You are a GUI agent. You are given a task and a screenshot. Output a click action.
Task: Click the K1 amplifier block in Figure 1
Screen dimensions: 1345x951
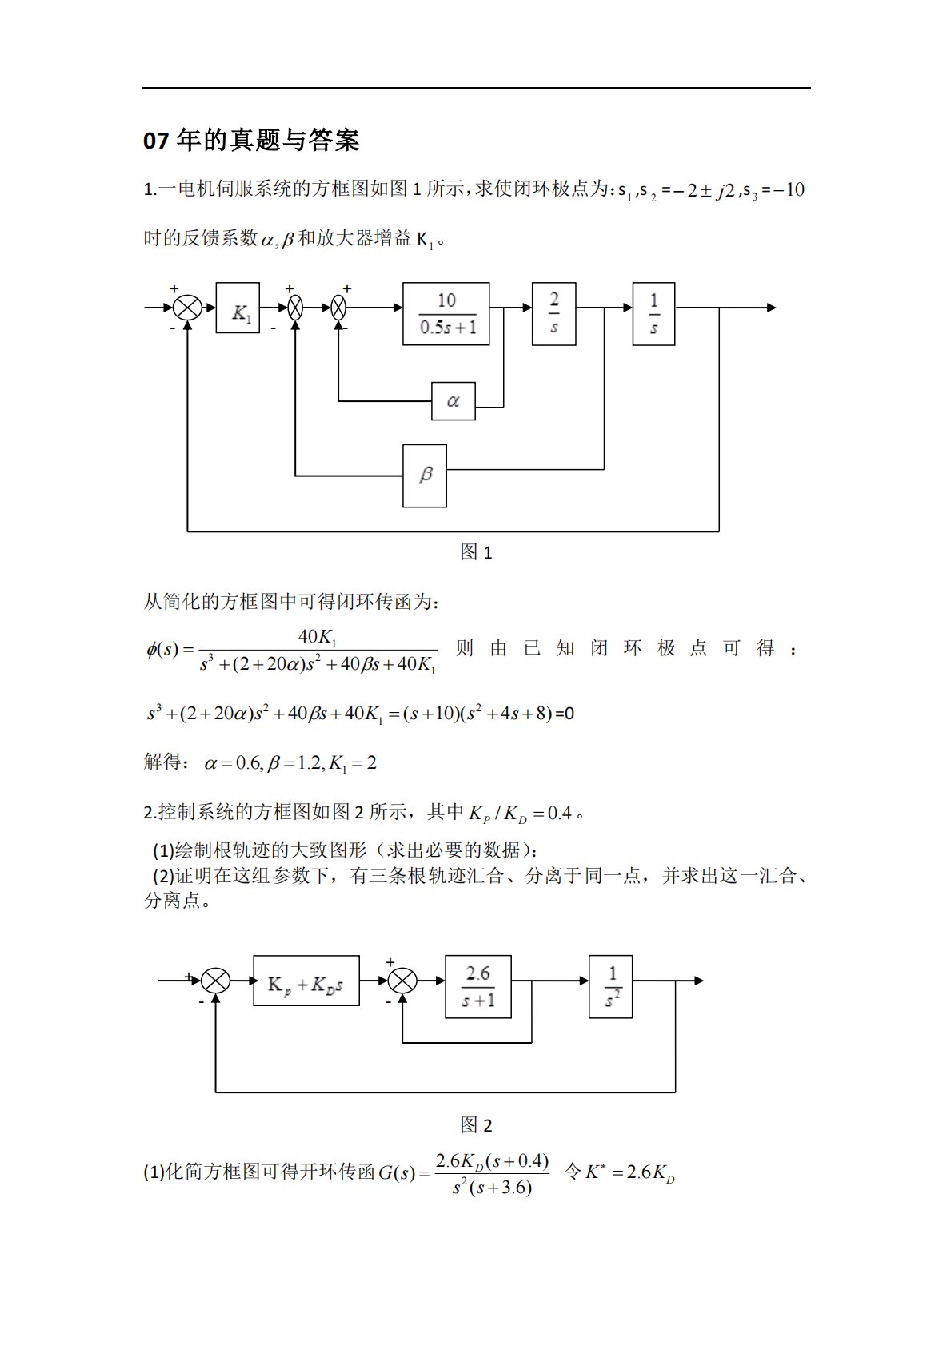pyautogui.click(x=238, y=308)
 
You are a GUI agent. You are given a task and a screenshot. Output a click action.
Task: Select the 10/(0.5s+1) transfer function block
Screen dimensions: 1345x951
pyautogui.click(x=446, y=313)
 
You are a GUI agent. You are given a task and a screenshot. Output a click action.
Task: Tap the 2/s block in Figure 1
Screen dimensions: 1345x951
pyautogui.click(x=553, y=313)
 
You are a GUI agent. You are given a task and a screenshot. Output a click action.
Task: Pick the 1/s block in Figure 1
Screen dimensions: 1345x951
pyautogui.click(x=653, y=313)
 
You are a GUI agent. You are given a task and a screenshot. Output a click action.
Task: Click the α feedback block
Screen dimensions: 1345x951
pyautogui.click(x=453, y=401)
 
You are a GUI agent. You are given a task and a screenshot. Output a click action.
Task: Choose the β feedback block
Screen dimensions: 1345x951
pyautogui.click(x=424, y=476)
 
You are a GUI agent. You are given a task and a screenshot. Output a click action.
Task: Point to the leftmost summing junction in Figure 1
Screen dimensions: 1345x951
pyautogui.click(x=187, y=308)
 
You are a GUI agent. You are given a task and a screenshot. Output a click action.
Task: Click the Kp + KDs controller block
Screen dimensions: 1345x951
pyautogui.click(x=306, y=981)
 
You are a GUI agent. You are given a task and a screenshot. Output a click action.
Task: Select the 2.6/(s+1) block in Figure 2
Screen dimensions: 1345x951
pyautogui.click(x=477, y=986)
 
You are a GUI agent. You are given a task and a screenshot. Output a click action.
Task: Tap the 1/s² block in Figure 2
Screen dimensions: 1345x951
pyautogui.click(x=610, y=986)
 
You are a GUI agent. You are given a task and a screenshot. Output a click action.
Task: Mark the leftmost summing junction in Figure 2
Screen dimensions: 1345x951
pyautogui.click(x=215, y=981)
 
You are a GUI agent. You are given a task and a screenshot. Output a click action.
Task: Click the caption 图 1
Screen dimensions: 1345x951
pyautogui.click(x=476, y=552)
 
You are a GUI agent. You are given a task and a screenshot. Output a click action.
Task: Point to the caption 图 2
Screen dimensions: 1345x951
pyautogui.click(x=476, y=1125)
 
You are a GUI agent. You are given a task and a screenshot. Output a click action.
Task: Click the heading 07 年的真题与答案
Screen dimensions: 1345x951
pyautogui.click(x=250, y=141)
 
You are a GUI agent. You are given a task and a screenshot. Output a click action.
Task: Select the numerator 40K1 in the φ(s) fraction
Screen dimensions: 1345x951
pyautogui.click(x=318, y=637)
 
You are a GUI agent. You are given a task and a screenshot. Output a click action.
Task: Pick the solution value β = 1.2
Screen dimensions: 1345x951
pyautogui.click(x=294, y=763)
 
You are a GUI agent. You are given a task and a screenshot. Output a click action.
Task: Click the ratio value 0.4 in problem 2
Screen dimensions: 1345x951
pyautogui.click(x=560, y=814)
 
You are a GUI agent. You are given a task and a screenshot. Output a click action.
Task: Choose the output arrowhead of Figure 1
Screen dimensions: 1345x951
pyautogui.click(x=770, y=308)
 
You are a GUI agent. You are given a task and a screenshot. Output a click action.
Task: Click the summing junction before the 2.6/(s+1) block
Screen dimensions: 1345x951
pyautogui.click(x=402, y=981)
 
